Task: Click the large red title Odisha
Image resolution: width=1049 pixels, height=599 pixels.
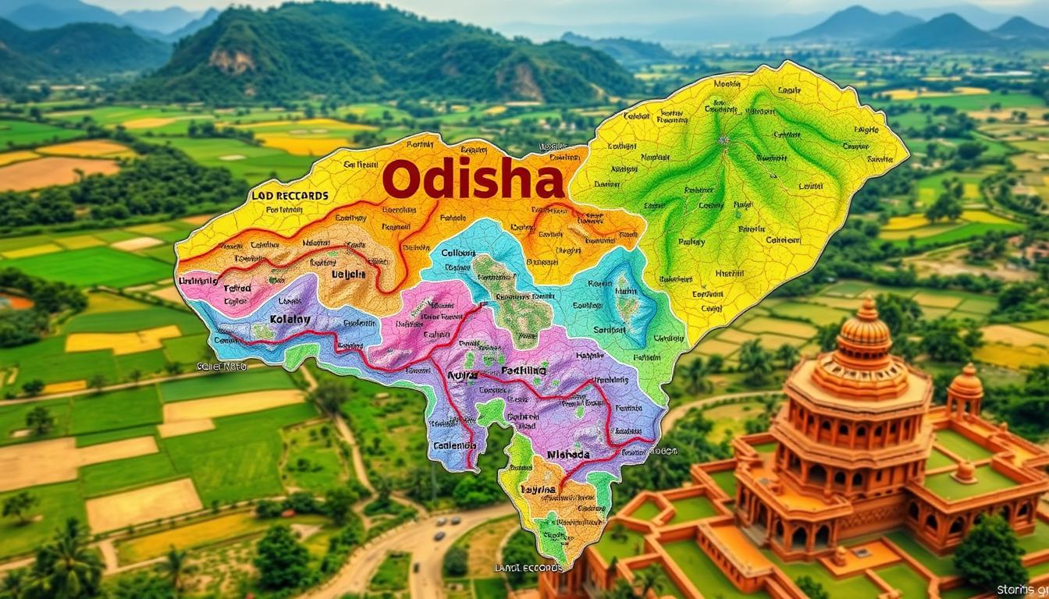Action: click(473, 180)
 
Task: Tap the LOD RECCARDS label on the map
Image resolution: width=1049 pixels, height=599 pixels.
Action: click(290, 195)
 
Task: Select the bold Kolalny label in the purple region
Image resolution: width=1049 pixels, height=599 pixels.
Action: click(290, 319)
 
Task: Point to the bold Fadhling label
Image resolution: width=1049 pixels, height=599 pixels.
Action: click(525, 370)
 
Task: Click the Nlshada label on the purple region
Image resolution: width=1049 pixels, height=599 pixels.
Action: click(568, 454)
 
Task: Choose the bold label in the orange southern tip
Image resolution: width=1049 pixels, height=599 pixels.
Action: click(539, 490)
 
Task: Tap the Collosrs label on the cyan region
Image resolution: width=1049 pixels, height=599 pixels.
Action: click(459, 253)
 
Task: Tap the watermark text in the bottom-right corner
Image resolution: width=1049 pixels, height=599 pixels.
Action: click(1022, 590)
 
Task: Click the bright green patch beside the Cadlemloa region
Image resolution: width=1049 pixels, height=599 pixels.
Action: click(490, 412)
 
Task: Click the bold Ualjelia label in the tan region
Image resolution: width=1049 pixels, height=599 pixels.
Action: click(348, 275)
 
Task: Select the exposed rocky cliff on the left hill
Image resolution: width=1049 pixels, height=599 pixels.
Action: click(232, 59)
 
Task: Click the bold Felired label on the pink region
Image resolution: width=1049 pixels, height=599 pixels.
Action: click(237, 288)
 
